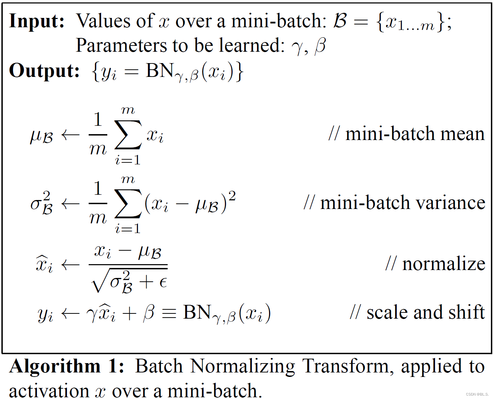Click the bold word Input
[37, 21]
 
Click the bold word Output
[44, 71]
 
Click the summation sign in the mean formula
[128, 134]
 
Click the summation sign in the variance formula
[128, 203]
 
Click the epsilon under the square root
[163, 283]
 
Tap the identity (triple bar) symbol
[169, 313]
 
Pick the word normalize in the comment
[444, 264]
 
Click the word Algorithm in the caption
[55, 366]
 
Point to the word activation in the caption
[49, 391]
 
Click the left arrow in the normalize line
[70, 265]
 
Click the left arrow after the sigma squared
[70, 204]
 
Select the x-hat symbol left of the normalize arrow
[44, 264]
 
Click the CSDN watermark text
[477, 394]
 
